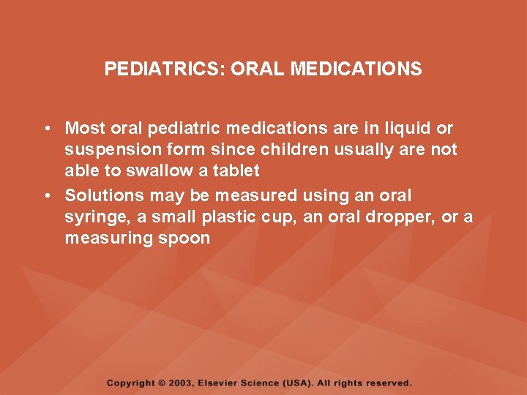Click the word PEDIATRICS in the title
(x=165, y=69)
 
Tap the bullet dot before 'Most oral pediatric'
(x=46, y=129)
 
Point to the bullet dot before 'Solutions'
(x=46, y=196)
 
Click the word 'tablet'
(x=236, y=171)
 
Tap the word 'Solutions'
(x=105, y=196)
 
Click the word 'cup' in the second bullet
(x=258, y=217)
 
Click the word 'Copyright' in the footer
(x=130, y=383)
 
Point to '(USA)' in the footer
(x=297, y=383)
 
